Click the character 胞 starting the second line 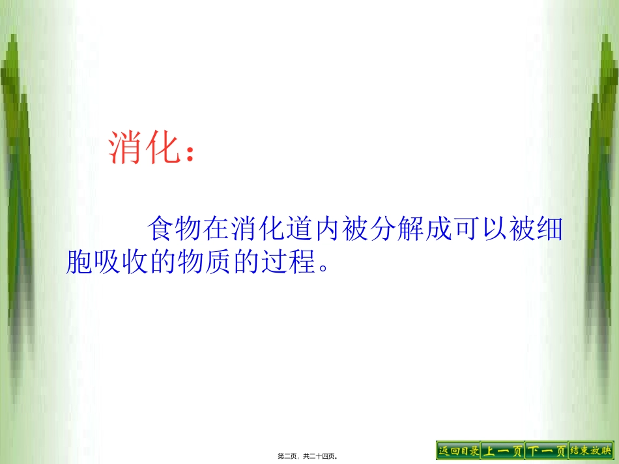click(x=79, y=260)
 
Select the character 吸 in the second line click(x=108, y=260)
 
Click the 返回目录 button click(x=458, y=450)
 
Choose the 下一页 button click(x=547, y=450)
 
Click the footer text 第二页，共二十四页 click(x=310, y=456)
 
